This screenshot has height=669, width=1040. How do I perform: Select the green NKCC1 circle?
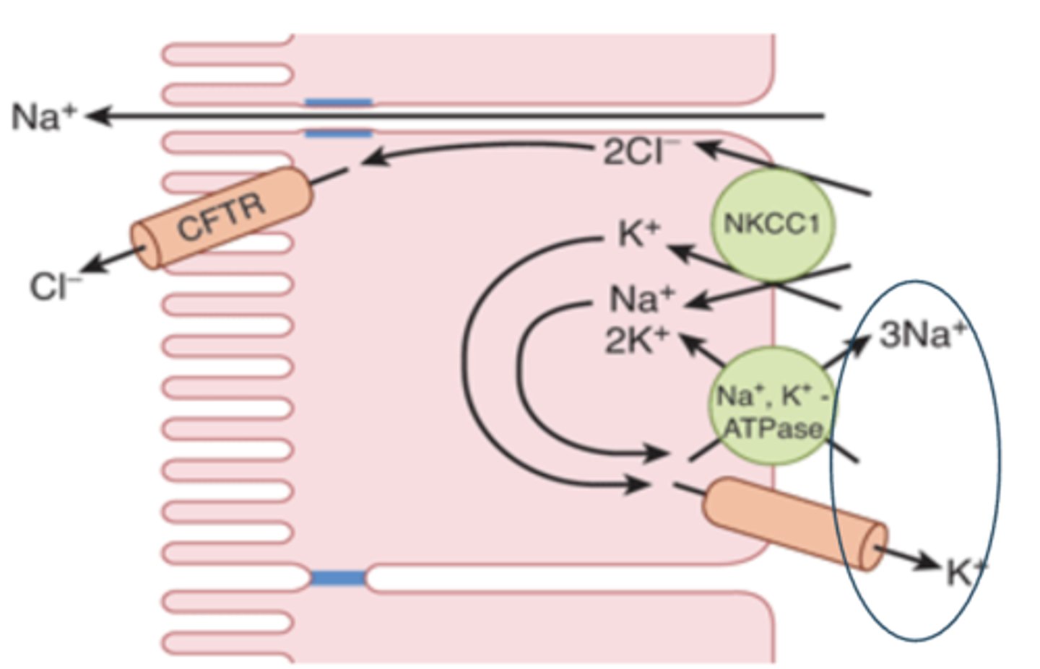pyautogui.click(x=772, y=224)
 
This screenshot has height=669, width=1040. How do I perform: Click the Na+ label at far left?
pyautogui.click(x=43, y=116)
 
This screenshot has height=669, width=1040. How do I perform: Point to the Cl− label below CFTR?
pyautogui.click(x=55, y=287)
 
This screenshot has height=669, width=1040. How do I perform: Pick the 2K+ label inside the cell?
pyautogui.click(x=636, y=341)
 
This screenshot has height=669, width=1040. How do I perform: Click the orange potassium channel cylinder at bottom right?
pyautogui.click(x=794, y=523)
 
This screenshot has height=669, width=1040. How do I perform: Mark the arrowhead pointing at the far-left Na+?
pyautogui.click(x=97, y=115)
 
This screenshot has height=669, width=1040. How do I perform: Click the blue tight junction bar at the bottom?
pyautogui.click(x=338, y=577)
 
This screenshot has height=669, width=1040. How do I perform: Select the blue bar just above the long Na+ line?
pyautogui.click(x=338, y=102)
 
